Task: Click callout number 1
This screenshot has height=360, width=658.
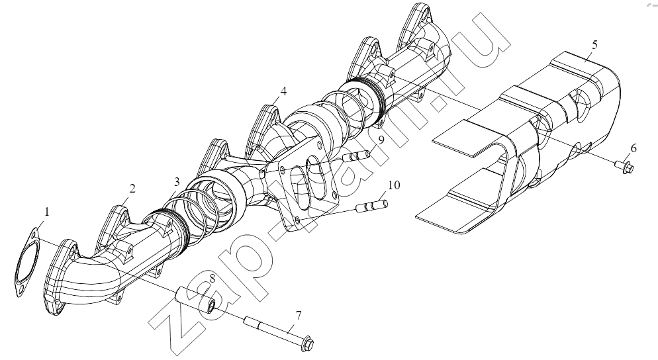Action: [x=47, y=212]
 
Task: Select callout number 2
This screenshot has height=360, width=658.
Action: [x=132, y=189]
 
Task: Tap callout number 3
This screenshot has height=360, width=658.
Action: [x=177, y=182]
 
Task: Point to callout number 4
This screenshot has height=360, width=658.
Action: [x=284, y=91]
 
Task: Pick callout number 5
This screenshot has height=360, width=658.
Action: [x=594, y=45]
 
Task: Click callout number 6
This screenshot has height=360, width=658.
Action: [x=634, y=148]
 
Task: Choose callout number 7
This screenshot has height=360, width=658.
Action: [x=299, y=315]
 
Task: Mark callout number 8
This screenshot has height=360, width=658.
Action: [x=212, y=278]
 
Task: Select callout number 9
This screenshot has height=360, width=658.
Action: [x=381, y=140]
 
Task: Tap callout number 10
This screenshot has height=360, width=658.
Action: [x=394, y=185]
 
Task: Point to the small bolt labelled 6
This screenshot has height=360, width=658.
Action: [x=624, y=165]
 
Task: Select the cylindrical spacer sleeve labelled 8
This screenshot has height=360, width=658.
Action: [x=197, y=299]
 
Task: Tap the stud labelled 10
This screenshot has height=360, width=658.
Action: [x=372, y=206]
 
